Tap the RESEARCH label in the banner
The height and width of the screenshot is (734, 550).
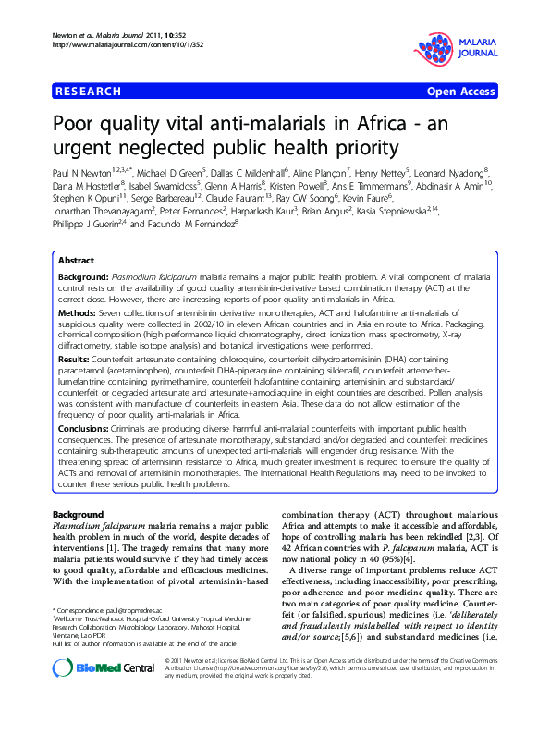89,92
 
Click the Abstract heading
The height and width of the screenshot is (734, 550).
77,262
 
